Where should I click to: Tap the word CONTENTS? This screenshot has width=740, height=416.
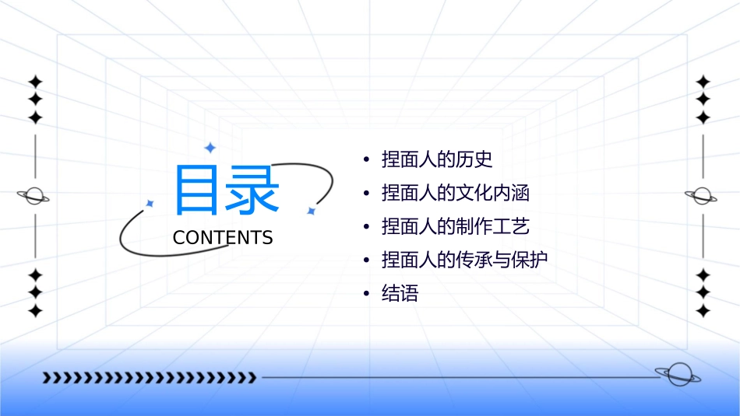click(223, 238)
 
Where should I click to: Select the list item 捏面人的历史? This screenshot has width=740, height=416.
click(437, 160)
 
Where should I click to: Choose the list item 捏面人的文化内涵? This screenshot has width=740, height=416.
click(456, 193)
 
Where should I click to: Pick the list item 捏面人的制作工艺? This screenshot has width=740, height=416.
click(456, 226)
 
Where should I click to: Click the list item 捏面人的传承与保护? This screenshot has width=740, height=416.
click(465, 260)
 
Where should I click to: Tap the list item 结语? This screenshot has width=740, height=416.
click(400, 293)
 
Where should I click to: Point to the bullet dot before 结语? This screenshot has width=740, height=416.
click(366, 294)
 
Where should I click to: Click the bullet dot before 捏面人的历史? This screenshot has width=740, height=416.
click(366, 161)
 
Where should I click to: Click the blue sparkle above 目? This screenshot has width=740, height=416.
click(209, 147)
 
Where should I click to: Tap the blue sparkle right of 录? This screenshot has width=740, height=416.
click(311, 211)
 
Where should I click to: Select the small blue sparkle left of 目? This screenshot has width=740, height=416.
click(150, 203)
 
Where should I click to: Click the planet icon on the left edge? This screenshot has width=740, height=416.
click(34, 196)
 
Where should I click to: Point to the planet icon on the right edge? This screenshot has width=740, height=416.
click(702, 195)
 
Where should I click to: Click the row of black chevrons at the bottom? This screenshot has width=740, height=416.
click(149, 378)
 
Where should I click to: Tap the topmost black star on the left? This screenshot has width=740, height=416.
click(35, 82)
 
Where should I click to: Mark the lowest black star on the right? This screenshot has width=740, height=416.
click(703, 311)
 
